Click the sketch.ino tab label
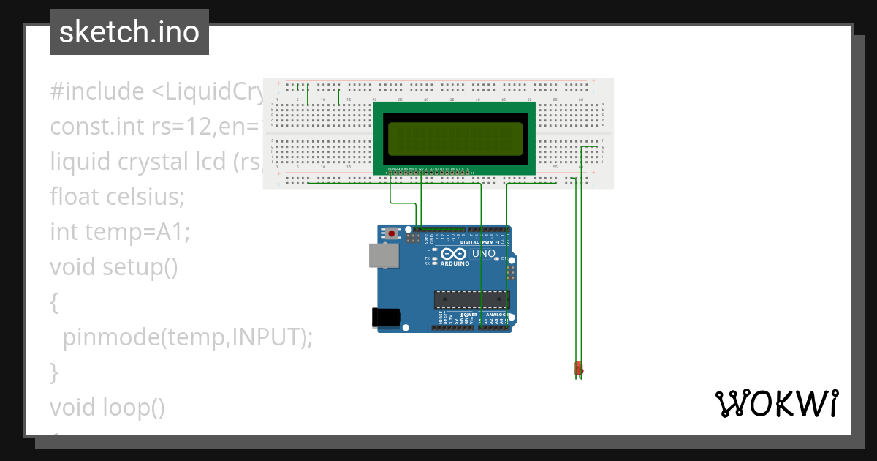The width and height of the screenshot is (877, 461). pos(129,32)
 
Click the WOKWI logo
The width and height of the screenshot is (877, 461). pos(776,404)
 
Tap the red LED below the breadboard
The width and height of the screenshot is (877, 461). pos(578,369)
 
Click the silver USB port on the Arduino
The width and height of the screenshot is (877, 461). pos(384,255)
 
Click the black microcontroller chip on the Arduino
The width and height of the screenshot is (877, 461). pos(471,299)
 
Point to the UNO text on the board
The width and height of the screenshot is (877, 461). pos(484,254)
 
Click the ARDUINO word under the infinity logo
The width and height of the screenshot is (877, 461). pos(455,263)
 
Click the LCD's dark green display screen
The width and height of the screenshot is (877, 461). pos(455,139)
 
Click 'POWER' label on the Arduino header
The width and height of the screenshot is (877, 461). pos(469,314)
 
